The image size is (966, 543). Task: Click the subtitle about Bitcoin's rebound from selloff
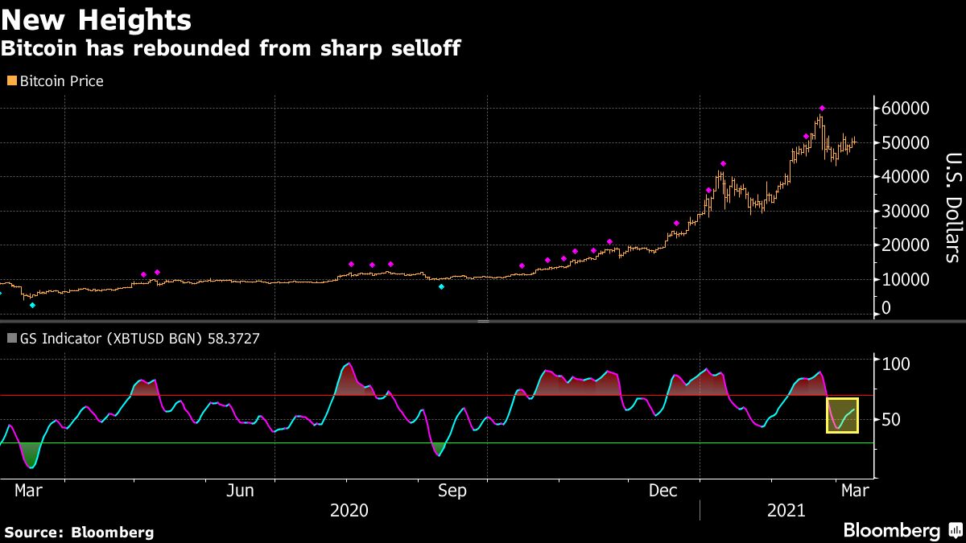[230, 48]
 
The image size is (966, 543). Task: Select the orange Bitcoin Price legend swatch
[11, 80]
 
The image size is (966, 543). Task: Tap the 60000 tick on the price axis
[906, 109]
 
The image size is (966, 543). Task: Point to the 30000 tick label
[906, 212]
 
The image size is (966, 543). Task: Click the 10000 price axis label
[906, 280]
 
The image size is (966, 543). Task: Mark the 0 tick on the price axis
[886, 307]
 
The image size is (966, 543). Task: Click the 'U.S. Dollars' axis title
[952, 207]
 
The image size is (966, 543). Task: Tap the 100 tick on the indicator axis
[897, 364]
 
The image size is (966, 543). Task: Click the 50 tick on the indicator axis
[893, 419]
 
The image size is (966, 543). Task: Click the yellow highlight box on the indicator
[842, 415]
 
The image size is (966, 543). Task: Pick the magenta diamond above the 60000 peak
[822, 108]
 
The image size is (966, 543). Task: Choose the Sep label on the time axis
[451, 491]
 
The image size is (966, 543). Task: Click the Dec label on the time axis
[663, 491]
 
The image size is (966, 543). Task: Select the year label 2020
[349, 511]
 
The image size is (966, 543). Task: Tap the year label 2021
[786, 511]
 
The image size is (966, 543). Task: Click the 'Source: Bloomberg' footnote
[79, 532]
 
